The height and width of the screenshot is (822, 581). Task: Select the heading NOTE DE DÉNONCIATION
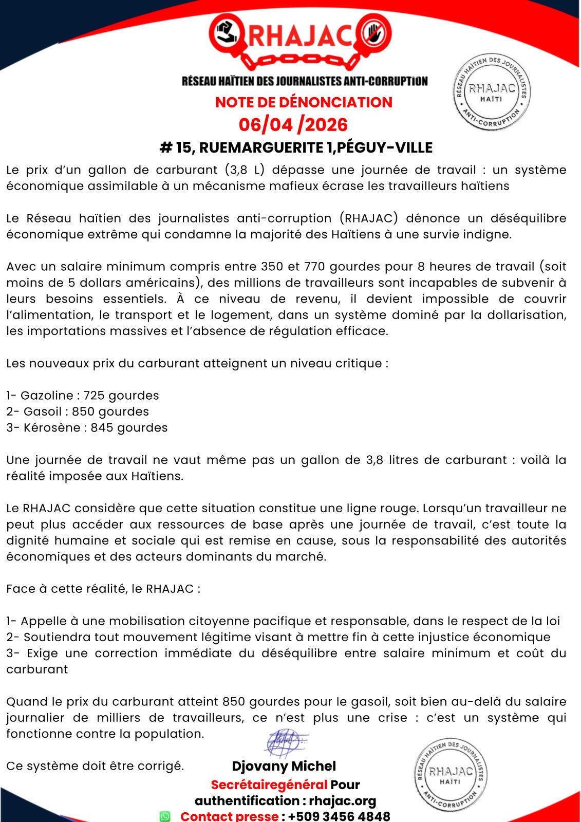point(304,102)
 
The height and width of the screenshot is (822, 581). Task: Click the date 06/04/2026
point(293,125)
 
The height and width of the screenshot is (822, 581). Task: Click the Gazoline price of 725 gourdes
point(121,396)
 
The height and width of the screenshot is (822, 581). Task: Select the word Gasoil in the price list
point(43,412)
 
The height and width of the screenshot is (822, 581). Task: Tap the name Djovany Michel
point(284,766)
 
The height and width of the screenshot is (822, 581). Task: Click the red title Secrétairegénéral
point(269,784)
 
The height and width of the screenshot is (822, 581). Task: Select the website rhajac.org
point(343,801)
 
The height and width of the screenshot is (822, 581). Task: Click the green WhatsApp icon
point(165,816)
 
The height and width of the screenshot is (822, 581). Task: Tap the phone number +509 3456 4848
point(339,816)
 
